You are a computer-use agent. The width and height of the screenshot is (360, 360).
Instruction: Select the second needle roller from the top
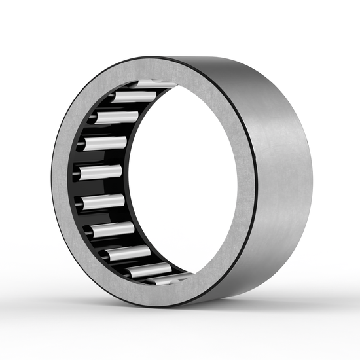[134, 97]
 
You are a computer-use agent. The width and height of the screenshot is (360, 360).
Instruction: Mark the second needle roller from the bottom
[131, 252]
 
